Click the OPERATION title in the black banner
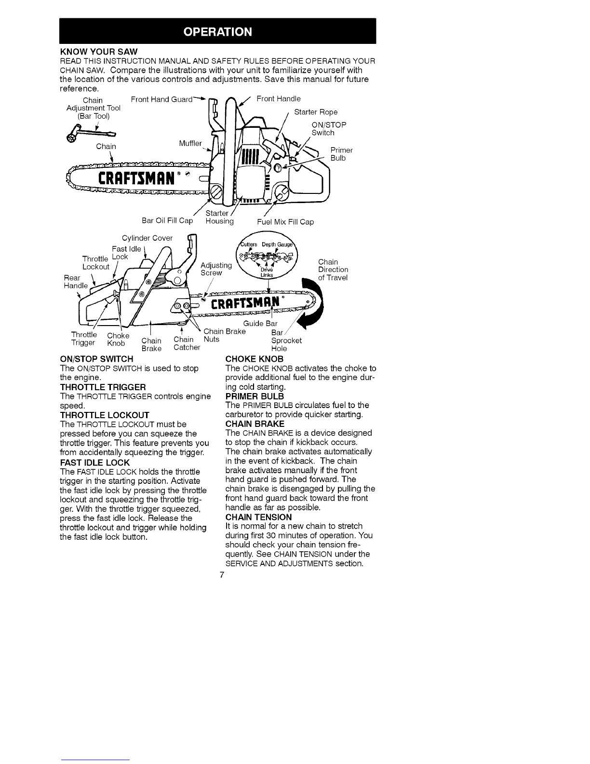click(x=217, y=32)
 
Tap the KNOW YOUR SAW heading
click(x=99, y=52)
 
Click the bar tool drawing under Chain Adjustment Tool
click(x=91, y=133)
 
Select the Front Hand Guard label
click(x=161, y=99)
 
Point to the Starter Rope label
click(x=316, y=112)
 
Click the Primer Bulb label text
click(x=341, y=154)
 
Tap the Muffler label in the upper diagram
click(x=190, y=143)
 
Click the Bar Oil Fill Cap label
click(x=167, y=220)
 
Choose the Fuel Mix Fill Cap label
click(x=285, y=222)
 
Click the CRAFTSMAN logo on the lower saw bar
click(x=245, y=303)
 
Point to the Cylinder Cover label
click(x=147, y=238)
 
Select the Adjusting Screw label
click(x=216, y=269)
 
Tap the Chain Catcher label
click(x=187, y=343)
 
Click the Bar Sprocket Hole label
click(x=286, y=341)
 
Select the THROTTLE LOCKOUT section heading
click(x=105, y=415)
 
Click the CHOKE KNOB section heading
click(x=255, y=359)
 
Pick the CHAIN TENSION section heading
click(x=259, y=517)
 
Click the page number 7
click(x=222, y=575)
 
